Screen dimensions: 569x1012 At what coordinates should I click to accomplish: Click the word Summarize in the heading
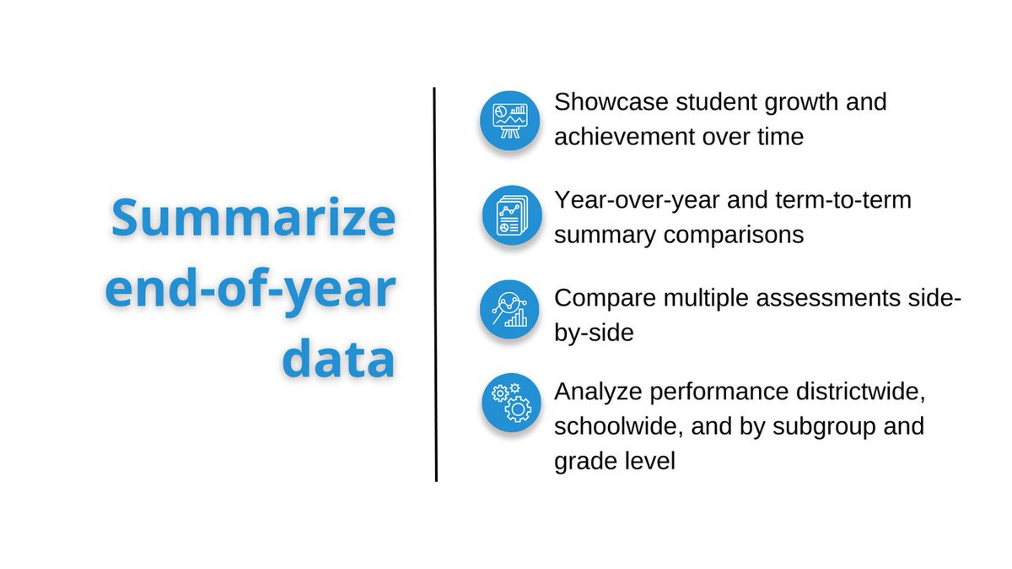click(x=254, y=219)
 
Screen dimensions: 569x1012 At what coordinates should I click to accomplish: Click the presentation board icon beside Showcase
click(x=510, y=120)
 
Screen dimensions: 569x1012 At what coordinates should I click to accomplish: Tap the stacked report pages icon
click(x=510, y=216)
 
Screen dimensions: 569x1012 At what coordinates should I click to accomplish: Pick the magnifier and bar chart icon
click(x=510, y=309)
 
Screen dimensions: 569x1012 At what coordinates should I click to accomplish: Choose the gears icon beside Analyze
click(x=510, y=403)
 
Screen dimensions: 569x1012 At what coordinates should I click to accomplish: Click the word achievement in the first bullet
click(x=621, y=137)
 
